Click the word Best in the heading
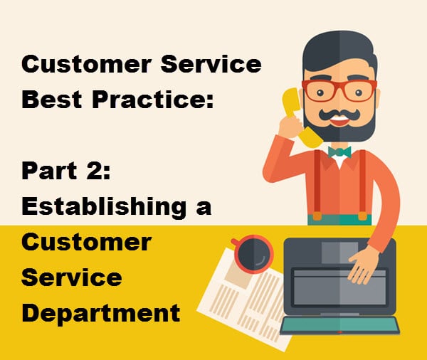tap(52, 99)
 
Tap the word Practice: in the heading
tap(153, 99)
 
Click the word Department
tap(101, 313)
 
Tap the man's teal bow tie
tap(339, 152)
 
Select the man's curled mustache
tap(339, 115)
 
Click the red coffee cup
tap(254, 254)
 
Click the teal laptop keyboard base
tap(340, 325)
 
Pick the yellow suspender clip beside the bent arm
tap(317, 216)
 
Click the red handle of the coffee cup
tap(235, 242)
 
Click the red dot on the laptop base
tap(339, 332)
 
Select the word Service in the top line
tap(211, 64)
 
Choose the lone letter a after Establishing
tap(204, 208)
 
